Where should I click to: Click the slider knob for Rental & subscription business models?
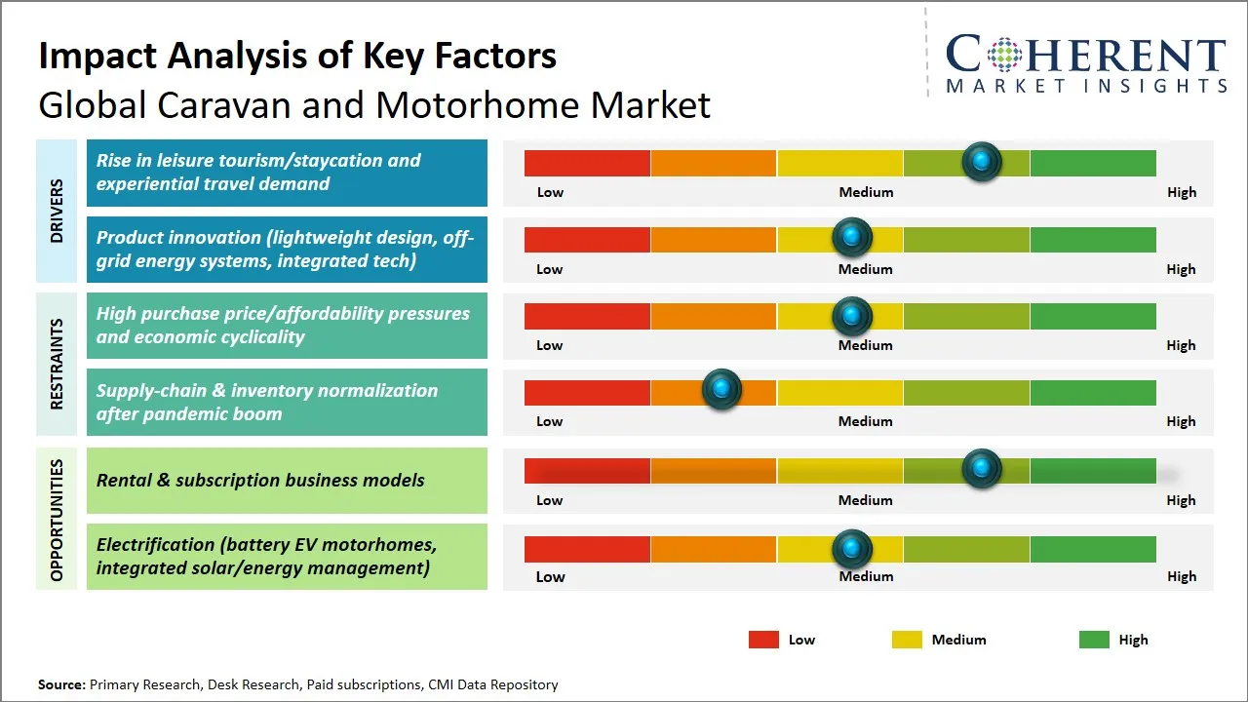coord(982,469)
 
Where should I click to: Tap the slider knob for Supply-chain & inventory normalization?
coord(721,390)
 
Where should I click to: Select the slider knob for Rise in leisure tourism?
coord(982,161)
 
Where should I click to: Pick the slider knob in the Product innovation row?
coord(852,237)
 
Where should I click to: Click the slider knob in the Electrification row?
coord(852,549)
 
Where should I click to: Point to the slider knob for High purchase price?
coord(852,316)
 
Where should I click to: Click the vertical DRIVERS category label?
coord(57,211)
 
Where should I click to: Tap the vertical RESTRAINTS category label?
coord(57,364)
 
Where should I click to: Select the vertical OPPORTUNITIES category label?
coord(57,520)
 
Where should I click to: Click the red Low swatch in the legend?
coord(763,640)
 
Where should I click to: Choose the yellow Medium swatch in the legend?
coord(907,640)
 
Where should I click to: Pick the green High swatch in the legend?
coord(1094,640)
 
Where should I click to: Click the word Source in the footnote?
coord(61,684)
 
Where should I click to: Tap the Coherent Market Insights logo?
coord(1086,64)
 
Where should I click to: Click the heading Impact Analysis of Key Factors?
coord(297,56)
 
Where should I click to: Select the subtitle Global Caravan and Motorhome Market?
coord(374,105)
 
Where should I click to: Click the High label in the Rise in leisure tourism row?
coord(1181,192)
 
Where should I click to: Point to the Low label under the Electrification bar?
coord(550,576)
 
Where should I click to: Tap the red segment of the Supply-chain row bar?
coord(587,393)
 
